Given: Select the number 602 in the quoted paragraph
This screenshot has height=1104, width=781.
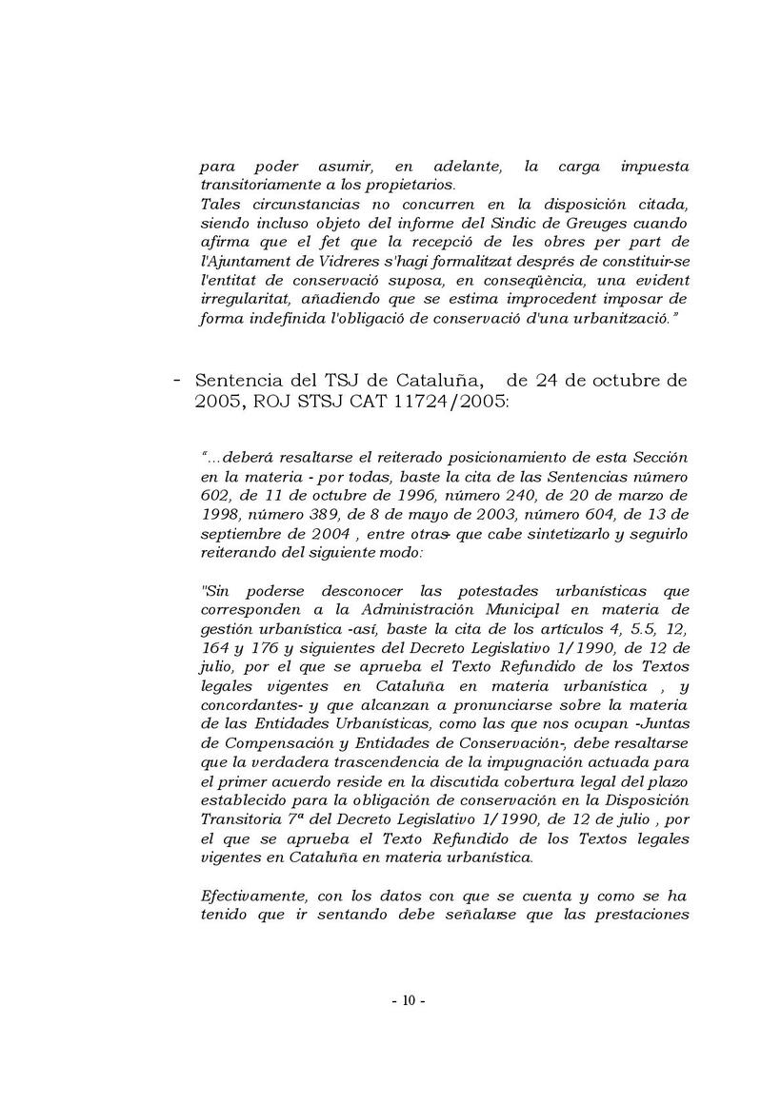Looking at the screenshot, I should click(216, 496).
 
